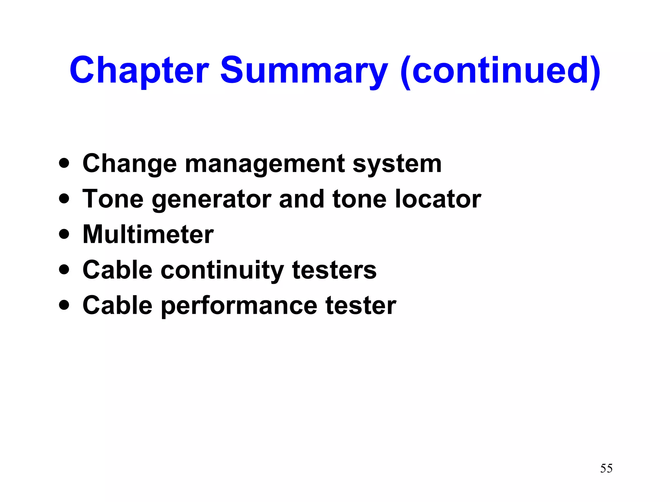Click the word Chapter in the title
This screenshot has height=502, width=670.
pyautogui.click(x=139, y=70)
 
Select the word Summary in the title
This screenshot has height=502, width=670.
pyautogui.click(x=304, y=70)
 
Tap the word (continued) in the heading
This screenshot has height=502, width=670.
pyautogui.click(x=500, y=70)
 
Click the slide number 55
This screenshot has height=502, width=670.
pyautogui.click(x=606, y=468)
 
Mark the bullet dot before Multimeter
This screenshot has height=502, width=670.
pyautogui.click(x=64, y=234)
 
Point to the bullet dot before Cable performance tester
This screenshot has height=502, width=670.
pyautogui.click(x=64, y=305)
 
